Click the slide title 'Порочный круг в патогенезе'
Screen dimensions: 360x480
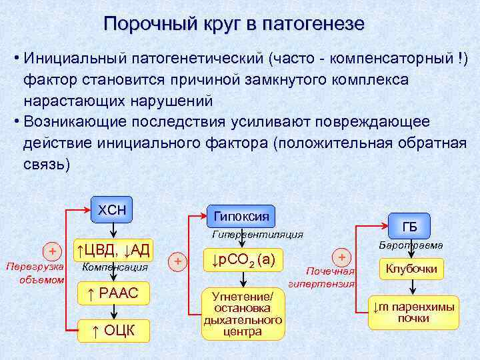pos(234,24)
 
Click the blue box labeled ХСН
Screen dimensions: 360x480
pos(112,211)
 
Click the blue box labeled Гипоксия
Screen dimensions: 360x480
pos(241,215)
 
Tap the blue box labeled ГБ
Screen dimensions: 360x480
pos(410,227)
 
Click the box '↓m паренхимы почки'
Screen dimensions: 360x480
pos(413,312)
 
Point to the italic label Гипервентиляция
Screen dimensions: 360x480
pos(257,235)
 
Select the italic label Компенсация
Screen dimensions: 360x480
pos(114,268)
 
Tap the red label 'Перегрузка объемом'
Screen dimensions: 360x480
pos(35,273)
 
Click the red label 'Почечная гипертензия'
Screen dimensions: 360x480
pos(322,277)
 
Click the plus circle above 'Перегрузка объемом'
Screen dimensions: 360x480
pos(51,251)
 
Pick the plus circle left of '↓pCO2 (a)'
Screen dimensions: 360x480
pos(177,261)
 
